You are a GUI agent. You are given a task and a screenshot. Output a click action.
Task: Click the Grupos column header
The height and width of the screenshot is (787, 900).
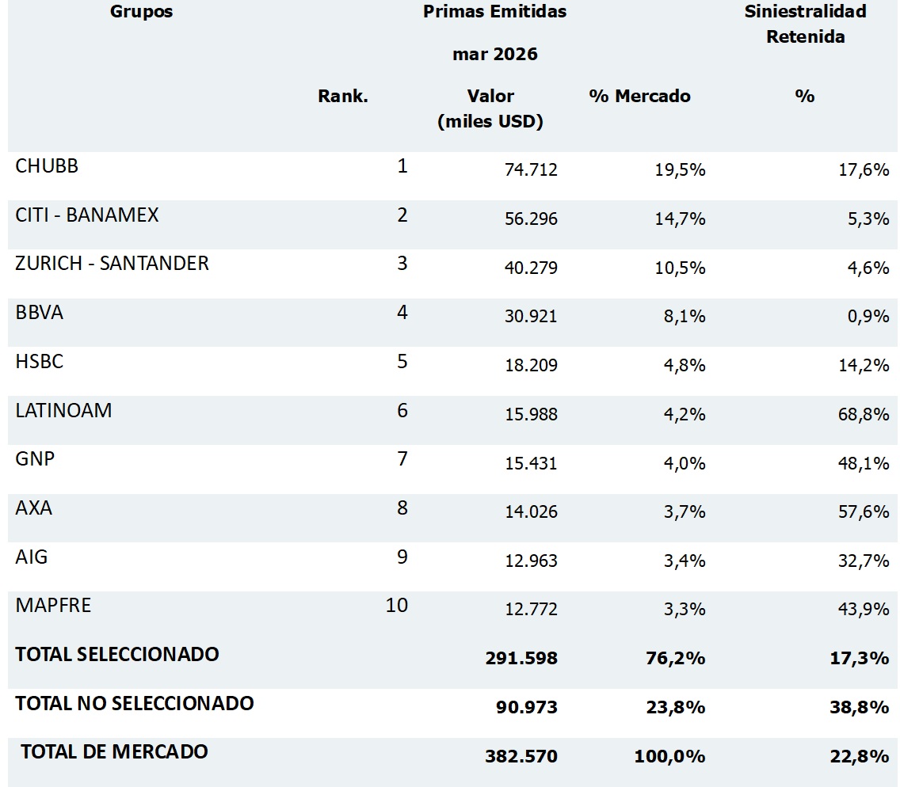click(x=141, y=12)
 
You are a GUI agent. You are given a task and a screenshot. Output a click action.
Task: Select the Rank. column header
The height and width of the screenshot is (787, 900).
click(x=343, y=96)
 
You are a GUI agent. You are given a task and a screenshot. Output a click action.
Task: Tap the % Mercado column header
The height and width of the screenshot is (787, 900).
click(x=639, y=96)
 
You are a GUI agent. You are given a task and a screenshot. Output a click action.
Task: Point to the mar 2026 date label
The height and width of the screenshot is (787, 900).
click(x=495, y=55)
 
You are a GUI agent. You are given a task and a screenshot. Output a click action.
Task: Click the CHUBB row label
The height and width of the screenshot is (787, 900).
click(x=47, y=165)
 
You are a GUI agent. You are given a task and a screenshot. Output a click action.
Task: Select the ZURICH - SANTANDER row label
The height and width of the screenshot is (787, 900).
click(x=112, y=264)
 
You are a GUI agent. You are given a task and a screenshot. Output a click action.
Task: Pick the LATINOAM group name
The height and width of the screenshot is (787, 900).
click(x=63, y=411)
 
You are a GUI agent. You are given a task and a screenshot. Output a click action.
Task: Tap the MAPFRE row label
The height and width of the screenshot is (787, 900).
click(x=53, y=605)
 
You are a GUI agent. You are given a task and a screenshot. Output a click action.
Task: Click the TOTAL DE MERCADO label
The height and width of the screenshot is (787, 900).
click(x=114, y=751)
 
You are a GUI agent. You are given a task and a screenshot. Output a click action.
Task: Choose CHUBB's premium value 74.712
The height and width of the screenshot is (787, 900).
click(x=531, y=169)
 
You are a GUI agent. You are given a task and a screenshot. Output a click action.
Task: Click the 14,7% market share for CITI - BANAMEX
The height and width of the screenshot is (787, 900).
click(x=681, y=219)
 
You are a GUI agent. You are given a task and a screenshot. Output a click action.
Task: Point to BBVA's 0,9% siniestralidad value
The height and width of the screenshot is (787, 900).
click(x=868, y=316)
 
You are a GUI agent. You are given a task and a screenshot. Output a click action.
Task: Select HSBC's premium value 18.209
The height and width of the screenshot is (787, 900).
click(x=531, y=366)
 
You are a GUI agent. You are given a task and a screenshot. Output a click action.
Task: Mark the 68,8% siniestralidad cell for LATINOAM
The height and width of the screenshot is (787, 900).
click(x=864, y=414)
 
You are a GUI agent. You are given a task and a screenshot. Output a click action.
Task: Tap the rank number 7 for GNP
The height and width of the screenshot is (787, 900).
click(x=402, y=459)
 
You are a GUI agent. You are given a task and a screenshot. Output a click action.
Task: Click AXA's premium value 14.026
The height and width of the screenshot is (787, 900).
click(x=531, y=511)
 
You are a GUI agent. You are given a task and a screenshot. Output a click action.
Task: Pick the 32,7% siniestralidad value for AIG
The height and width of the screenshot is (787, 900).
click(x=864, y=561)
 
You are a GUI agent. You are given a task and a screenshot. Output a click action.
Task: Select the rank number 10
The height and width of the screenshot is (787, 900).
click(x=397, y=605)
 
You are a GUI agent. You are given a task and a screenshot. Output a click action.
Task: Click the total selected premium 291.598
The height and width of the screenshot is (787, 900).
click(x=521, y=658)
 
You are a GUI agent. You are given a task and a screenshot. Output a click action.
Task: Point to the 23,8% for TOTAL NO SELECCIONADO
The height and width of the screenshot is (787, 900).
click(x=676, y=707)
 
